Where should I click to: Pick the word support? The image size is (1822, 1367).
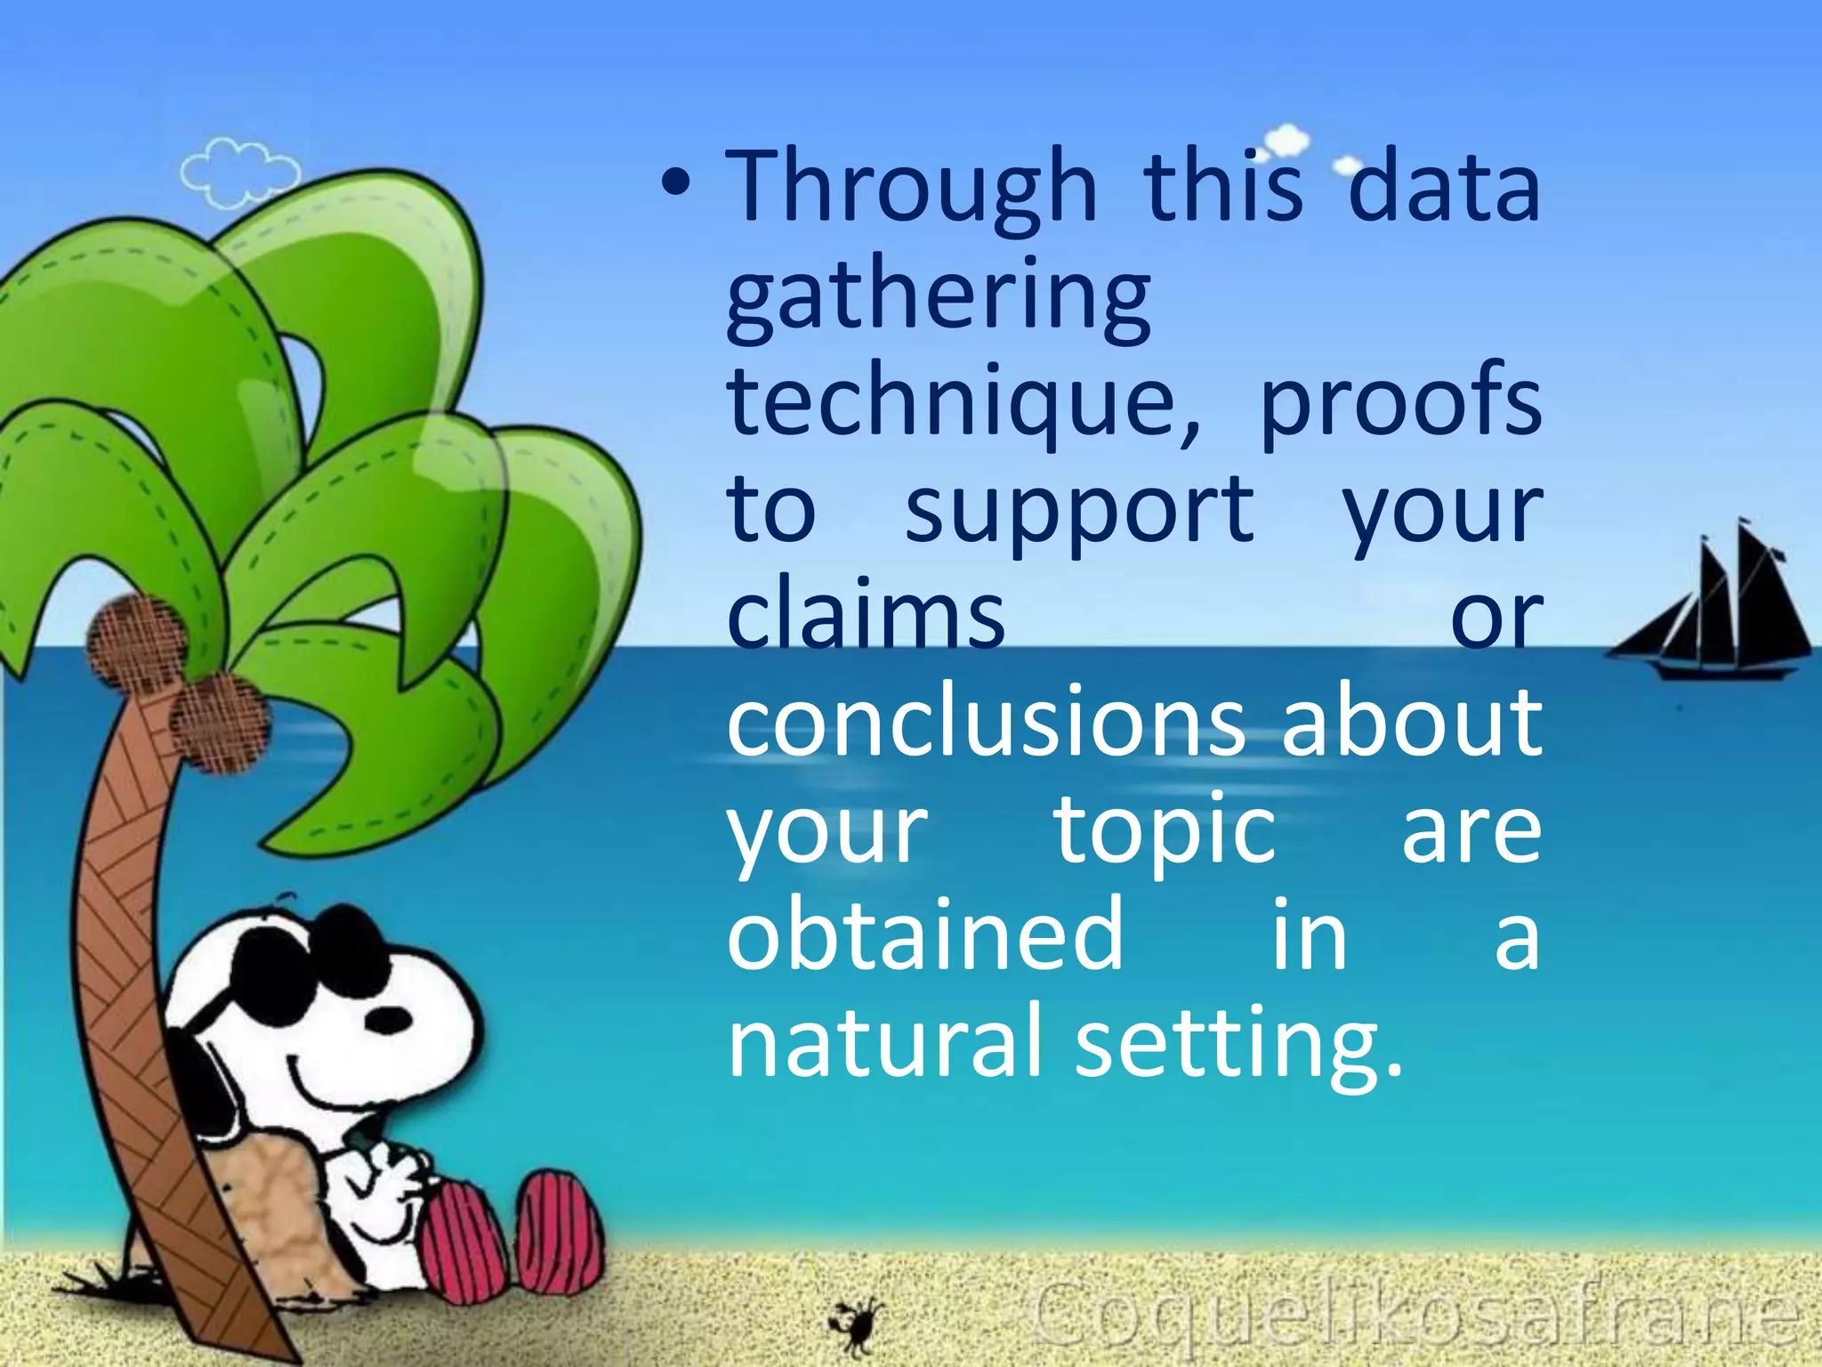point(1079,512)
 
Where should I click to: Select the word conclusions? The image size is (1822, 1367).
point(986,723)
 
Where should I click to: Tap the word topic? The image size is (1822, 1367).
point(1165,832)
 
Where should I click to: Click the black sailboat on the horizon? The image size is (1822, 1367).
point(1713,614)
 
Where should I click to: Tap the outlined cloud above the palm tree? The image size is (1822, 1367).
point(238,174)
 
